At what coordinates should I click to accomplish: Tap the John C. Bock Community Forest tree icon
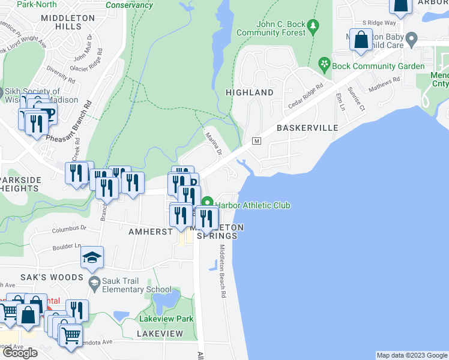(x=312, y=26)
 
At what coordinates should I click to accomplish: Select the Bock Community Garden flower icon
(x=324, y=63)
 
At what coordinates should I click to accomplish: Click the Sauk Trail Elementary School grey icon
(x=94, y=282)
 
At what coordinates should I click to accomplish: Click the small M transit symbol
(x=257, y=141)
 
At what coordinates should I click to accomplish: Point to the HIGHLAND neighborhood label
(x=249, y=92)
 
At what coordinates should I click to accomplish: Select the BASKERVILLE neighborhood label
(x=307, y=128)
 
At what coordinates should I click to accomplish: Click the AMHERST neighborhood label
(x=146, y=231)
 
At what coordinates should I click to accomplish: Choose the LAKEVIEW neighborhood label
(x=160, y=333)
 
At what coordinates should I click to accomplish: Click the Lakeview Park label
(x=166, y=319)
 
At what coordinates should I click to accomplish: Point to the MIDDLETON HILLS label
(x=68, y=23)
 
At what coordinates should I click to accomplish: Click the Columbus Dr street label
(x=69, y=229)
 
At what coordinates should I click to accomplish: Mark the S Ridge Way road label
(x=375, y=23)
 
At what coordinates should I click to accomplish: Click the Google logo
(x=20, y=353)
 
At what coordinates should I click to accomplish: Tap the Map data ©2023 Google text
(x=411, y=355)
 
